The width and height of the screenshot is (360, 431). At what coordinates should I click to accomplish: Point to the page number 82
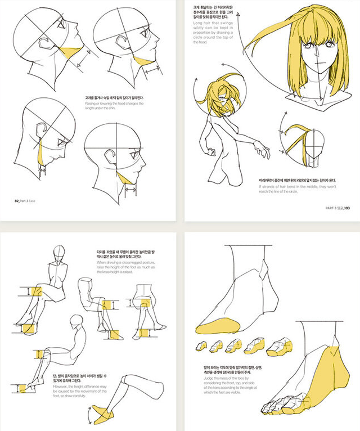coord(17,200)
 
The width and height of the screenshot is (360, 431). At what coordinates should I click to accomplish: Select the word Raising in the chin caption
coord(89,104)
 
